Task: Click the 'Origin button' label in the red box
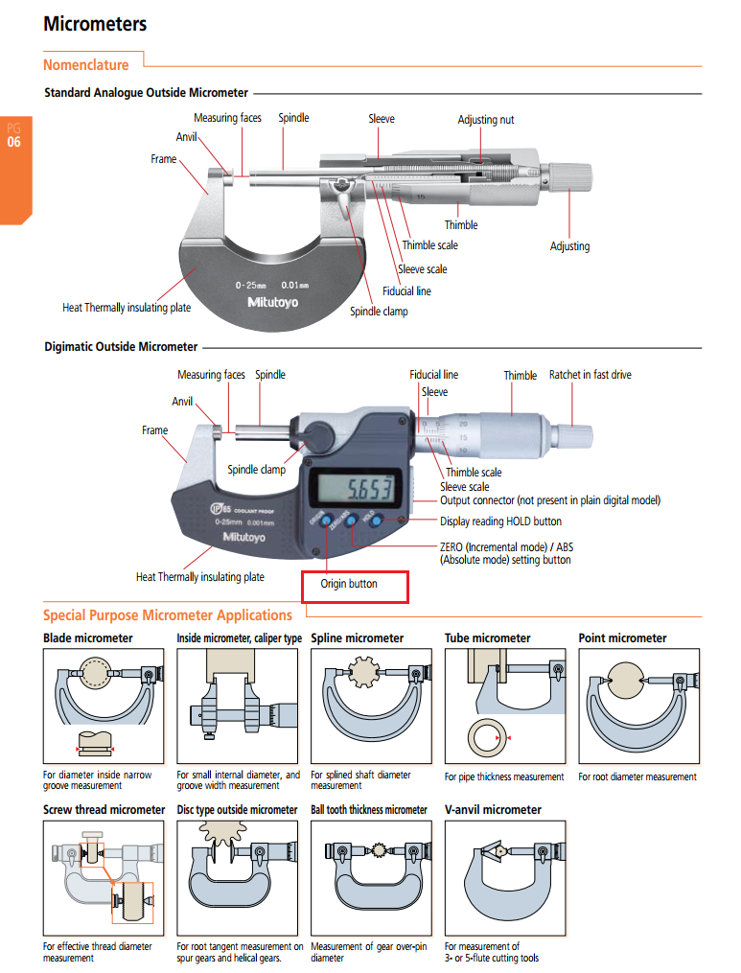[349, 584]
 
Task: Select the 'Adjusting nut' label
[485, 120]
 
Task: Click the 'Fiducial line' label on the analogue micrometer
[406, 290]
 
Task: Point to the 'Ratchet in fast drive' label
[590, 375]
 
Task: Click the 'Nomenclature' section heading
[85, 65]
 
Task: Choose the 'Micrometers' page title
[95, 24]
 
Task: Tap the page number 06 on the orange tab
[13, 143]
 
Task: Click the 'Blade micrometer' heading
[88, 638]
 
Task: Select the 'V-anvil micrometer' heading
[493, 810]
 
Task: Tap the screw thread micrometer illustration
[104, 878]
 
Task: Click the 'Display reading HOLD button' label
[500, 521]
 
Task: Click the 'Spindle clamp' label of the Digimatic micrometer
[256, 470]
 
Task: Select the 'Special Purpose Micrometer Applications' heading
[168, 615]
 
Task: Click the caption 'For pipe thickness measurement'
[504, 776]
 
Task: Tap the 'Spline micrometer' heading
[358, 638]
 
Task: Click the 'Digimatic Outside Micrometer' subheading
[121, 347]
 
